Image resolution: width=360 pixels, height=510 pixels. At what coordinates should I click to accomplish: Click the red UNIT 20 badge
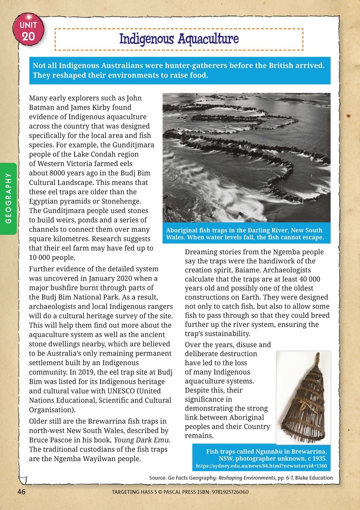(29, 31)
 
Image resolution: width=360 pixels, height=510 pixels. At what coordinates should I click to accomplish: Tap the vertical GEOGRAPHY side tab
(8, 198)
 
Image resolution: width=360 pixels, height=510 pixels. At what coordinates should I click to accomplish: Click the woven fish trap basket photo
(303, 397)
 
